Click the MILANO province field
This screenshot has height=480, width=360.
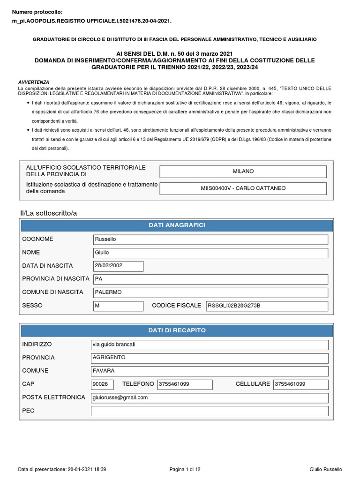pos(243,172)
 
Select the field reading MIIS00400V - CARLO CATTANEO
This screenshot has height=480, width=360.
pos(243,188)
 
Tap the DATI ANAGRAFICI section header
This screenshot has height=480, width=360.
pos(177,225)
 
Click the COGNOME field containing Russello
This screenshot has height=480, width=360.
pos(210,240)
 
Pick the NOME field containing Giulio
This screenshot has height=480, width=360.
pos(210,253)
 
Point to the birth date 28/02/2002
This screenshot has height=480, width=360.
pos(118,266)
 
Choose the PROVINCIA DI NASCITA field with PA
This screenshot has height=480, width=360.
pos(210,279)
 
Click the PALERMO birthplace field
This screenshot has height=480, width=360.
pos(210,292)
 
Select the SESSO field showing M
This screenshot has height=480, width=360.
pos(118,306)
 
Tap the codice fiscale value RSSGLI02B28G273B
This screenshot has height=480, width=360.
pos(266,306)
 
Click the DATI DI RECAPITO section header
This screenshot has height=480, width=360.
pos(177,330)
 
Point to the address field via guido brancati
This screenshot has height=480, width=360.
pos(209,345)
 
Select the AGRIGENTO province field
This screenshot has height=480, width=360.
pos(209,358)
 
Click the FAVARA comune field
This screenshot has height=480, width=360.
pos(209,371)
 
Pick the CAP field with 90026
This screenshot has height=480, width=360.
pos(102,384)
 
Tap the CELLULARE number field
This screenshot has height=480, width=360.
pos(300,384)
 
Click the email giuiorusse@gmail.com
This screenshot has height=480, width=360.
pos(209,398)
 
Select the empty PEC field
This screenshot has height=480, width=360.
pos(209,411)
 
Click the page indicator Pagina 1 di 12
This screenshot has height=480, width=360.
pos(185,469)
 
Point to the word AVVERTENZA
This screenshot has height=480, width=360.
pos(33,82)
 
